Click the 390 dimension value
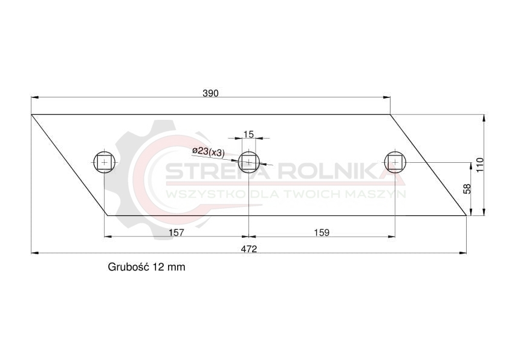click(x=211, y=93)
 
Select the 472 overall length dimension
click(x=249, y=249)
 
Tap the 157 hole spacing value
click(x=177, y=232)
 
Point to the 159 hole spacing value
click(x=322, y=232)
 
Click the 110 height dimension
click(x=480, y=165)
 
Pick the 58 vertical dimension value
click(x=467, y=189)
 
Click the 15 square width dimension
click(x=248, y=134)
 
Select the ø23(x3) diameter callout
click(x=209, y=152)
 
